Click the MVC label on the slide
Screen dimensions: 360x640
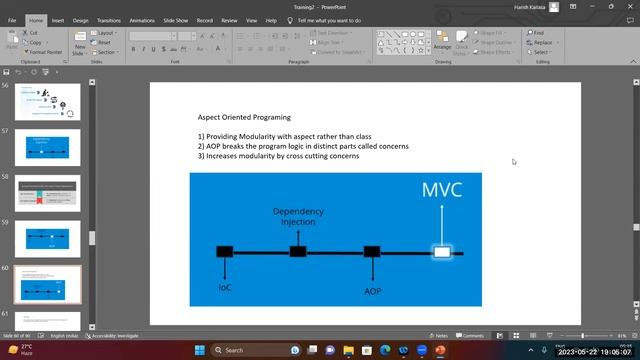442,190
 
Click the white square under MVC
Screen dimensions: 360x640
442,252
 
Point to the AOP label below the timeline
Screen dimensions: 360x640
372,291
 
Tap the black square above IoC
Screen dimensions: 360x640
225,252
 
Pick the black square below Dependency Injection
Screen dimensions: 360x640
297,252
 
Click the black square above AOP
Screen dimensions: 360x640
372,252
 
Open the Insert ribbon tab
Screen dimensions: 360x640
58,19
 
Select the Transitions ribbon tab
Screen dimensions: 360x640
108,19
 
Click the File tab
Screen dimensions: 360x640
12,19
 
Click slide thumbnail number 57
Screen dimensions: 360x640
54,148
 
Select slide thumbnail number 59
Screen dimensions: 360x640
54,239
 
